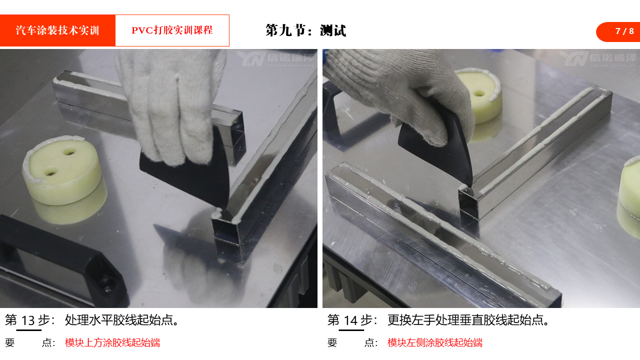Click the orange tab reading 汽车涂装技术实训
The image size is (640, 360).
[x=57, y=30]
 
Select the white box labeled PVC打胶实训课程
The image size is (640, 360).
[x=172, y=30]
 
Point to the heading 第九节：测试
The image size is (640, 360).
[x=305, y=30]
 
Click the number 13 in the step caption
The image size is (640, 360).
[x=28, y=320]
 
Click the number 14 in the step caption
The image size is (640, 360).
[x=350, y=320]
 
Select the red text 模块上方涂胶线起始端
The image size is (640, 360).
[x=112, y=342]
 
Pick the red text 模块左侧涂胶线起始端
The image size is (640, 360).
[x=435, y=342]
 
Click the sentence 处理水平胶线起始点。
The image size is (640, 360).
[x=122, y=320]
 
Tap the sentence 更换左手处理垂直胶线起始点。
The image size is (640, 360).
[x=468, y=320]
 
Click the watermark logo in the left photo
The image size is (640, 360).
[x=275, y=58]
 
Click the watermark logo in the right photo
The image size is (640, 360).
[x=598, y=58]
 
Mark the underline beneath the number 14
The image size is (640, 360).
[x=351, y=330]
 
